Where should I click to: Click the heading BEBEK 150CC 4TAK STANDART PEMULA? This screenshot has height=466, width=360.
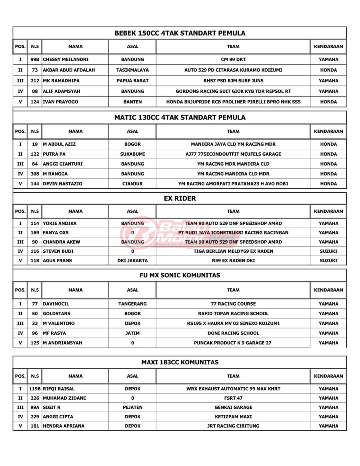pyautogui.click(x=180, y=33)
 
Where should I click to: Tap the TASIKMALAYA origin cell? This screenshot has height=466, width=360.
pyautogui.click(x=132, y=70)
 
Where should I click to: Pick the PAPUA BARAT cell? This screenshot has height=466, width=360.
pyautogui.click(x=132, y=81)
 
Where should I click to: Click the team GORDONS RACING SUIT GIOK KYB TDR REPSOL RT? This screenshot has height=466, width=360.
pyautogui.click(x=233, y=91)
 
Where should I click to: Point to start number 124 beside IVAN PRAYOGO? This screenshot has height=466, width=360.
pyautogui.click(x=35, y=102)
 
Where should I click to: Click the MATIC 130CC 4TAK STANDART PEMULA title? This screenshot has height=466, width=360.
pyautogui.click(x=180, y=118)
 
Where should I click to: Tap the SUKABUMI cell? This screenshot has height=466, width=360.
pyautogui.click(x=132, y=154)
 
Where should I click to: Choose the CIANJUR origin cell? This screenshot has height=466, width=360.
pyautogui.click(x=132, y=184)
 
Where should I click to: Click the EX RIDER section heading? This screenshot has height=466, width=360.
pyautogui.click(x=180, y=198)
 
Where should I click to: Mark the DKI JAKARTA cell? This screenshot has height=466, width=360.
pyautogui.click(x=132, y=260)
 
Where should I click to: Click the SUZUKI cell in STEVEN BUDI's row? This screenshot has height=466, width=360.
pyautogui.click(x=328, y=251)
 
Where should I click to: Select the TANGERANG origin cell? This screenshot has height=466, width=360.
pyautogui.click(x=132, y=304)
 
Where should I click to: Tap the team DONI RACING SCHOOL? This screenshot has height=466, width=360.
pyautogui.click(x=233, y=333)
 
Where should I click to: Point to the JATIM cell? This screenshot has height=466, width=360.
pyautogui.click(x=132, y=333)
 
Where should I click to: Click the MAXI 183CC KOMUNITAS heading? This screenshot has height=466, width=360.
pyautogui.click(x=180, y=362)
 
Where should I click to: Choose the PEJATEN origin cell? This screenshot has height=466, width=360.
pyautogui.click(x=132, y=408)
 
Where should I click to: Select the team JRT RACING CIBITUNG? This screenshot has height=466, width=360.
pyautogui.click(x=233, y=426)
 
